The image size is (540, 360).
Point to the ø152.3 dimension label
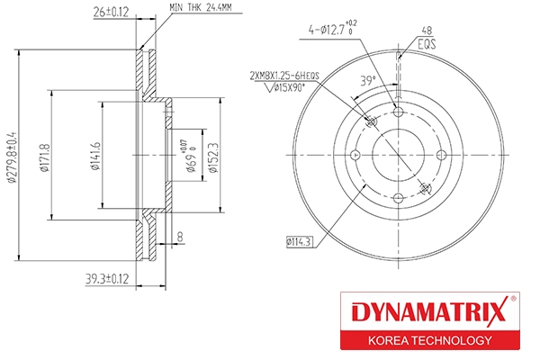coord(212,153)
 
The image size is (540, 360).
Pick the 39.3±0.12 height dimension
coord(107,280)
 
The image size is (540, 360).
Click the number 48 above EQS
coord(427,30)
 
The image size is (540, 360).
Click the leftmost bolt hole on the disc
coord(355,156)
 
